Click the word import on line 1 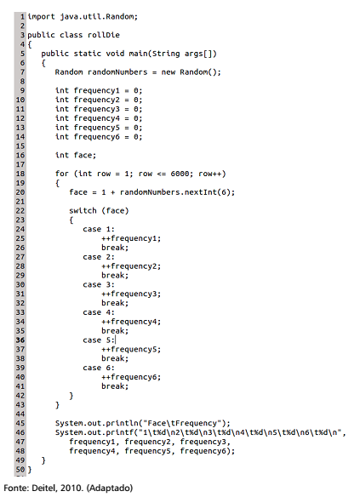click(x=41, y=16)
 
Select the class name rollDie click(x=104, y=35)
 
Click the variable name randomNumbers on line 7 click(x=117, y=72)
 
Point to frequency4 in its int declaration click(x=97, y=118)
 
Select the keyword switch click(x=83, y=210)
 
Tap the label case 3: click(x=99, y=284)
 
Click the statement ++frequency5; click(x=131, y=349)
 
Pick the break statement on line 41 click(x=115, y=386)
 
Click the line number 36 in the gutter click(x=20, y=340)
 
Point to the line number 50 click(x=20, y=470)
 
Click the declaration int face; click(x=76, y=155)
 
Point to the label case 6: click(x=99, y=368)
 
